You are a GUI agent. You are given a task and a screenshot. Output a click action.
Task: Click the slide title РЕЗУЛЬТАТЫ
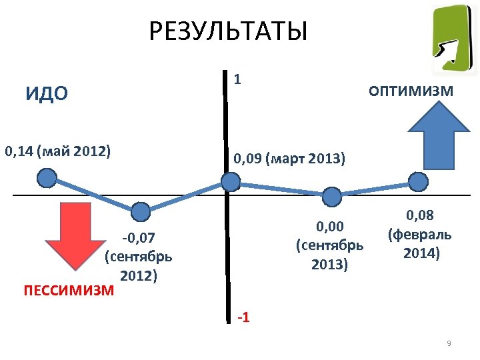tap(228, 31)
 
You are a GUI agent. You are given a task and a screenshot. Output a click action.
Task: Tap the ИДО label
tap(47, 93)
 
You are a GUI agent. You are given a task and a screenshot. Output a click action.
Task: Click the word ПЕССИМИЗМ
tap(69, 291)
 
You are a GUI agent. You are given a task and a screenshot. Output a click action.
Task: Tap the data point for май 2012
tap(46, 177)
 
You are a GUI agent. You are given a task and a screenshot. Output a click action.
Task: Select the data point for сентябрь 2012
tap(141, 212)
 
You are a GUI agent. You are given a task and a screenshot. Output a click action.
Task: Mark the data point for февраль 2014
tap(418, 181)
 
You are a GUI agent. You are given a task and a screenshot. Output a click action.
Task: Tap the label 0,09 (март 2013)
tap(289, 159)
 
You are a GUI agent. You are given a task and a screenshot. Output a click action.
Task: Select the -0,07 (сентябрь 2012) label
tap(139, 256)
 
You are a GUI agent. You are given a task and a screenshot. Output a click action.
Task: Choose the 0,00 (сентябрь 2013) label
tap(329, 245)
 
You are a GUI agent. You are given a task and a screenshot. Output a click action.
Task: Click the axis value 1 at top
tap(237, 79)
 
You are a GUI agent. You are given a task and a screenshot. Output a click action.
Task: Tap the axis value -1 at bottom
tap(243, 317)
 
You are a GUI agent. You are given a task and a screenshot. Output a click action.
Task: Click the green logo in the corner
tap(453, 38)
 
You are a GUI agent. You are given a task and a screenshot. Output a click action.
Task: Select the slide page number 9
tap(449, 343)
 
